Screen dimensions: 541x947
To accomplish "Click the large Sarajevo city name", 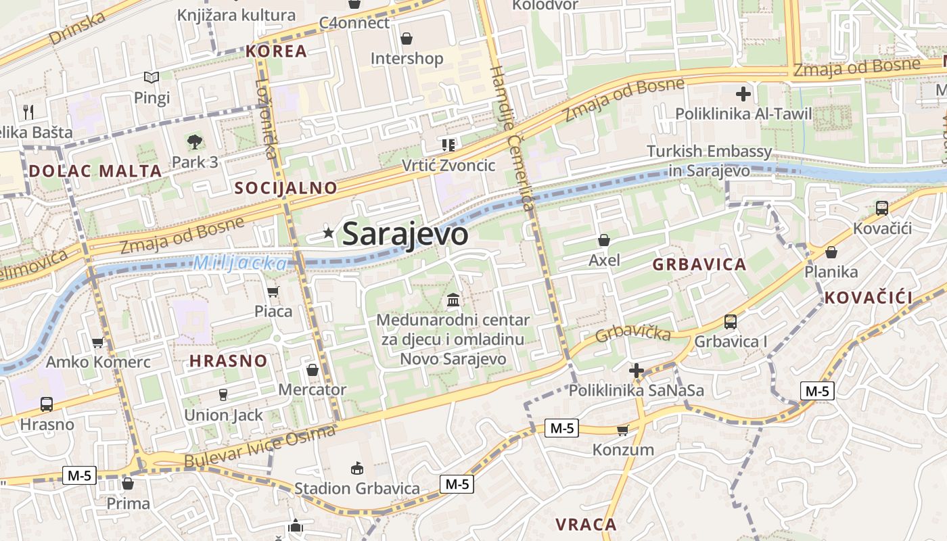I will tap(405, 234).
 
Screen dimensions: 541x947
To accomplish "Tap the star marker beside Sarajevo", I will tap(329, 233).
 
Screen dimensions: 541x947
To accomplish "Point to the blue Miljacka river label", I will tap(240, 263).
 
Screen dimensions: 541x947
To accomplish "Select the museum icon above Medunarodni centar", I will tap(453, 299).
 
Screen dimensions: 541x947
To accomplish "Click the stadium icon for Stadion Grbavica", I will tap(357, 468).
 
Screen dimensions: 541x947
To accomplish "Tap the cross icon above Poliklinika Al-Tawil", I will tap(743, 93).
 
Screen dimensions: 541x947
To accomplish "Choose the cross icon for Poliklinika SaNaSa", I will tap(636, 371).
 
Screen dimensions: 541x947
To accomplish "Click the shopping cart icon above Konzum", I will tap(623, 430).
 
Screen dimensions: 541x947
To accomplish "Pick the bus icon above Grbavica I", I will tap(731, 321).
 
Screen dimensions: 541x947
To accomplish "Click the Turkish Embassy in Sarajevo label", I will tap(709, 160).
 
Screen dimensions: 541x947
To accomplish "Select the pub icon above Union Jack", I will tap(223, 395).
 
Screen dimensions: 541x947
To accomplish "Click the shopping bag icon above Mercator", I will tap(313, 370).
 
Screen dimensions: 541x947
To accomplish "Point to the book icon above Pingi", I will tap(152, 78).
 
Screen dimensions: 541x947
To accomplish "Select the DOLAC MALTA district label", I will tap(95, 171).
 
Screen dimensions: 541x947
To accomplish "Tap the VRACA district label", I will tap(586, 524).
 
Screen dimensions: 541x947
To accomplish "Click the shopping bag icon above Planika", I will tap(831, 252).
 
